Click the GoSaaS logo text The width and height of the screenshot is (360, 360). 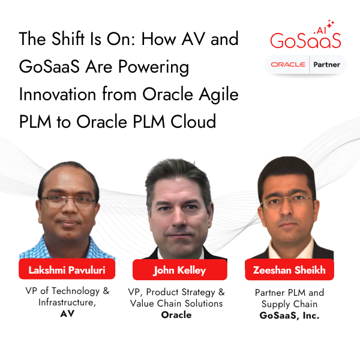pos(305,40)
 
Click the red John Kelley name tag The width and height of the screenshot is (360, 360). pos(180,270)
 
